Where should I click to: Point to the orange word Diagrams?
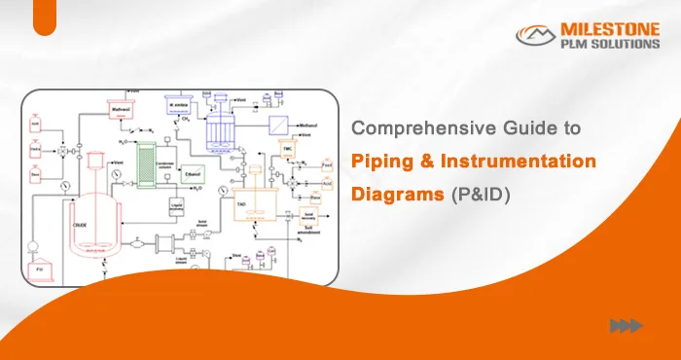tap(398, 194)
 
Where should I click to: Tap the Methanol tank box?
tap(122, 110)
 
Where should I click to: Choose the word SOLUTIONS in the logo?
tap(619, 45)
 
